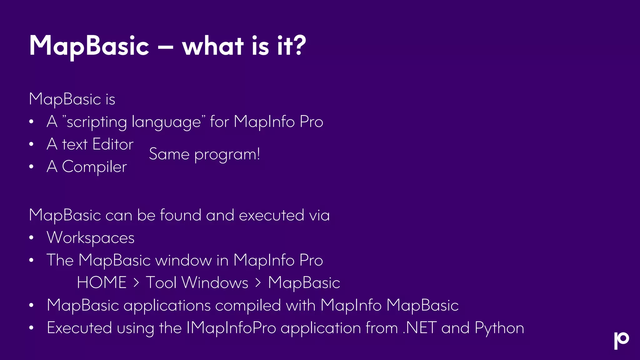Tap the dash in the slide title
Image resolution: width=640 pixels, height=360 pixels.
click(x=166, y=47)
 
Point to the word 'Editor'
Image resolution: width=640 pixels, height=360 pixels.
click(x=113, y=144)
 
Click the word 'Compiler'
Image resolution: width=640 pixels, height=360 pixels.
click(x=94, y=167)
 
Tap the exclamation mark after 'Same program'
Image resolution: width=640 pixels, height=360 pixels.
click(x=258, y=153)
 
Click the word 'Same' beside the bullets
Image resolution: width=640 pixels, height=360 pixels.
click(x=169, y=154)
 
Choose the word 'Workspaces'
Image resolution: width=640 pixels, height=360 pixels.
click(x=91, y=238)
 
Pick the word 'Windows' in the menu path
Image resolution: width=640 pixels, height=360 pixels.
click(x=215, y=282)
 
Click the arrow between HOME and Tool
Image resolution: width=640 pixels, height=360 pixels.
click(x=136, y=283)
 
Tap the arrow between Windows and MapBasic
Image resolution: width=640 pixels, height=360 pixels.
click(x=258, y=283)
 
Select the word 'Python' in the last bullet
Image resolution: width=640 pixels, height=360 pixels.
click(x=499, y=328)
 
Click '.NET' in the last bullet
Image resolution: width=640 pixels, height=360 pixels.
click(x=419, y=328)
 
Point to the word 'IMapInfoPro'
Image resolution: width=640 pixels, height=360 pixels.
click(x=231, y=328)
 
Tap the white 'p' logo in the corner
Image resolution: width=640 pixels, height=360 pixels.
click(x=621, y=340)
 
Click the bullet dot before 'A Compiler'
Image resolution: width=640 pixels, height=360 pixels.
click(x=31, y=167)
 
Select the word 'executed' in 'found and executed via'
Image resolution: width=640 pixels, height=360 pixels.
click(x=271, y=215)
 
